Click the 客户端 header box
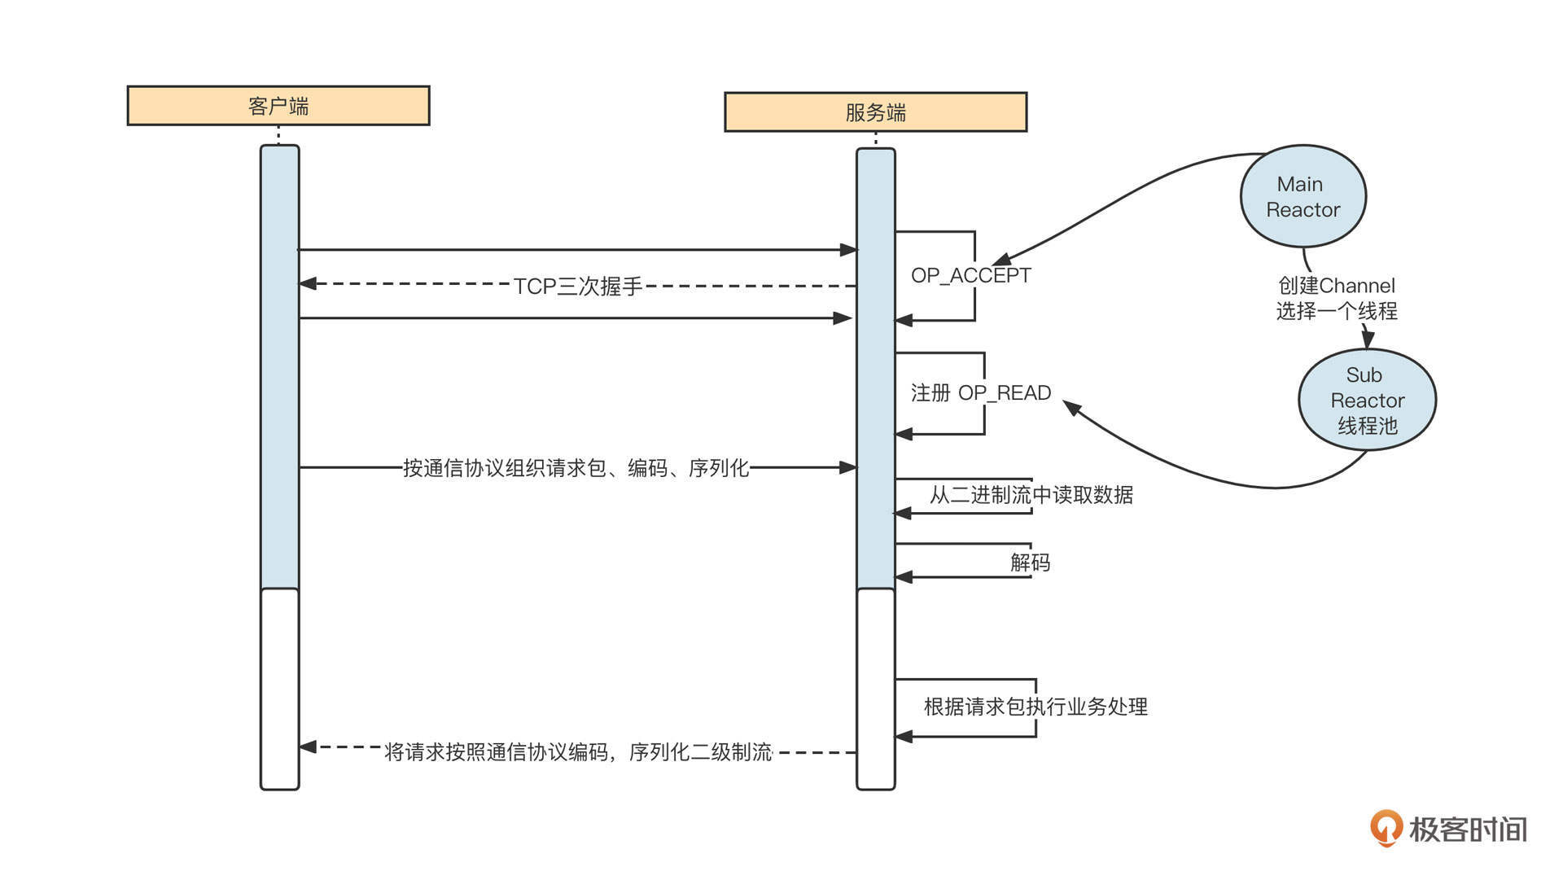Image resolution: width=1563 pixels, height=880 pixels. coord(278,106)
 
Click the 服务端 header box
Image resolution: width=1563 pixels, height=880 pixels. coord(876,112)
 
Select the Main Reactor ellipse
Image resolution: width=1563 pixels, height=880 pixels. coord(1302,196)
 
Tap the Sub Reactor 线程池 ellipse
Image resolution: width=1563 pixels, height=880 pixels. coord(1367,400)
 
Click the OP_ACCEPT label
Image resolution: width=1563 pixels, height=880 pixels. coord(970,276)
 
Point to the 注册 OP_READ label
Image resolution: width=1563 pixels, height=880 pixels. coord(981,393)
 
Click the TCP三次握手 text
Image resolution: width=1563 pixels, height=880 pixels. coord(578,287)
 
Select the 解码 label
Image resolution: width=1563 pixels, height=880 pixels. coord(1030,563)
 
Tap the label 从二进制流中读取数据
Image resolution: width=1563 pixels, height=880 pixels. coord(1031,495)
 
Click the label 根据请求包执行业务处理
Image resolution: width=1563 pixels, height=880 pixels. coord(1035,707)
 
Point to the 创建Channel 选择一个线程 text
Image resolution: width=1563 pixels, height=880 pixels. coord(1337,298)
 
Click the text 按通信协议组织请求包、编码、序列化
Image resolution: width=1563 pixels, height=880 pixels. coord(576,468)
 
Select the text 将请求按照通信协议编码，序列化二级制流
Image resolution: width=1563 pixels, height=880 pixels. coord(578,752)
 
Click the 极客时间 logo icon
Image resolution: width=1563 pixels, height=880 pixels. coord(1386,829)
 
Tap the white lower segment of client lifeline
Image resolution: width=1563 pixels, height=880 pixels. coord(280,689)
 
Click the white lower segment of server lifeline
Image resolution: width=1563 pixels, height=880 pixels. coord(876,689)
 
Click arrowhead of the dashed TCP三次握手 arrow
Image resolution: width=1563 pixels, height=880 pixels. coord(308,284)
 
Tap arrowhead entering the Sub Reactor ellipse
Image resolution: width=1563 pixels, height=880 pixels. coord(1368,339)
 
